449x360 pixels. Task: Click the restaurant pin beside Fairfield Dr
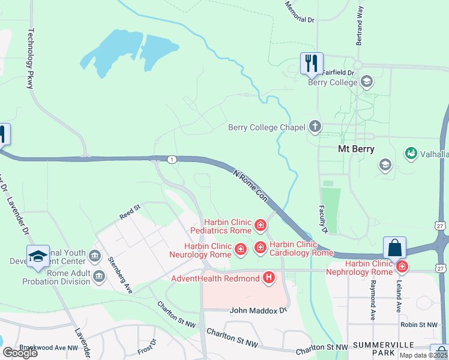pos(312,63)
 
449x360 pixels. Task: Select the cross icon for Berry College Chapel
pos(315,127)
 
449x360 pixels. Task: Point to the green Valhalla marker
pos(411,154)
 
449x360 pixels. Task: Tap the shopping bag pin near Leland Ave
pos(395,247)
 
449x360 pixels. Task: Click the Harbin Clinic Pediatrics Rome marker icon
pos(261,226)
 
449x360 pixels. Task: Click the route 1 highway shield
pos(172,159)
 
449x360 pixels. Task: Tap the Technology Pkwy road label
pos(31,59)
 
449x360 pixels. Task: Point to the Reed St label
pos(130,211)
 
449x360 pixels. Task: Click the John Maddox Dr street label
pos(259,311)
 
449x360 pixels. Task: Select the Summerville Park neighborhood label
pos(384,349)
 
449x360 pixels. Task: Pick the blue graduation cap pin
pos(38,256)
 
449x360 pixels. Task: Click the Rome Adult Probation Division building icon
pos(99,275)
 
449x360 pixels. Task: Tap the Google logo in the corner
pos(20,352)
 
